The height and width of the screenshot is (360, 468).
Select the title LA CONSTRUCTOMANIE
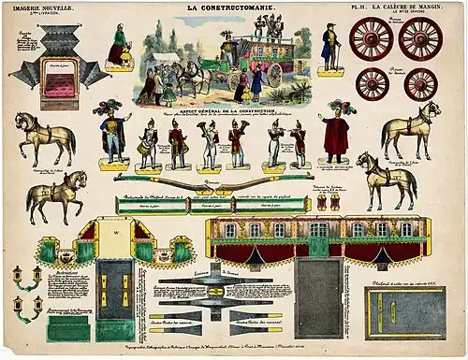[231, 7]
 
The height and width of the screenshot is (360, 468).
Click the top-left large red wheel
[372, 39]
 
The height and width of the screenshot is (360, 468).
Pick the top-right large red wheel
[420, 39]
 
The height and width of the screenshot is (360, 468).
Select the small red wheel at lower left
[373, 84]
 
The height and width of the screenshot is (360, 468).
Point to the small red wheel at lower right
[420, 84]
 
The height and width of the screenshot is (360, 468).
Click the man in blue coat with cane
[329, 47]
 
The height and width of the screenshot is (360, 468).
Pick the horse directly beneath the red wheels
[410, 129]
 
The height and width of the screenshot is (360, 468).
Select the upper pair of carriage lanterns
[25, 276]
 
